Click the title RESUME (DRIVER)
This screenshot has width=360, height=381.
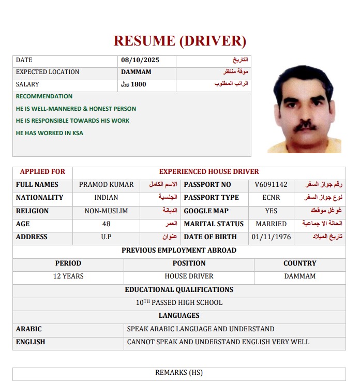tap(179, 40)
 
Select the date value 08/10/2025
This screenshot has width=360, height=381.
tap(140, 60)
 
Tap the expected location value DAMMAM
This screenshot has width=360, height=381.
tap(136, 72)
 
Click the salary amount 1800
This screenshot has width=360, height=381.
tap(139, 84)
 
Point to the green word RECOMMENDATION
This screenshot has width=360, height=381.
tap(44, 96)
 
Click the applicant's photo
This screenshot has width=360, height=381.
tap(304, 109)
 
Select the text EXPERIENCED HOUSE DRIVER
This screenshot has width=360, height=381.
tap(209, 171)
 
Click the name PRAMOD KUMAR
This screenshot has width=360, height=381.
tap(106, 185)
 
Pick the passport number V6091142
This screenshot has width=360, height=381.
tap(271, 185)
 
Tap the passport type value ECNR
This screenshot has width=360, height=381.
tap(271, 198)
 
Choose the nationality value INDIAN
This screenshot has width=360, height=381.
tap(106, 198)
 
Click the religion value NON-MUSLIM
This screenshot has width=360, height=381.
tap(106, 211)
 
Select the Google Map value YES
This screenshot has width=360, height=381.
tap(271, 211)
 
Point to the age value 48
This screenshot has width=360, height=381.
tap(106, 224)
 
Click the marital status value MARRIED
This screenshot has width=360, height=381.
tap(271, 224)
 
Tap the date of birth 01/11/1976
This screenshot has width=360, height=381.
tap(271, 237)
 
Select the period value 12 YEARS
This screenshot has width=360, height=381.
tap(68, 276)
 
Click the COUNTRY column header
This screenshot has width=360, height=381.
tap(299, 263)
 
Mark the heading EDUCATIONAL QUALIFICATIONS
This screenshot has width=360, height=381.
tap(179, 290)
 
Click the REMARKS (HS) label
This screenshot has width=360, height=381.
tap(179, 372)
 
